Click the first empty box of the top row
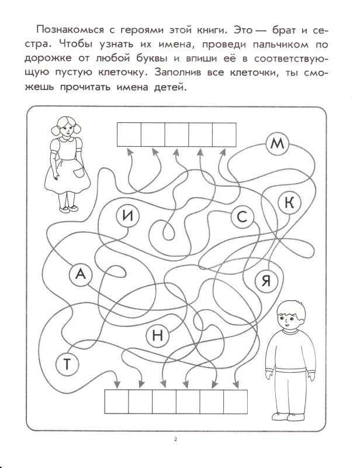[x=129, y=134]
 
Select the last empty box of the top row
[x=223, y=134]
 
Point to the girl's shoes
[x=65, y=208]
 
